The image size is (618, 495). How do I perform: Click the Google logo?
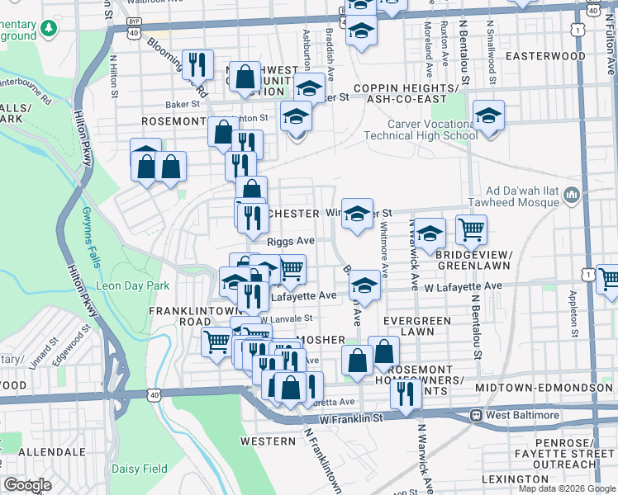27,484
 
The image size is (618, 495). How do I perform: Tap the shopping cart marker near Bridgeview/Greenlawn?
471,229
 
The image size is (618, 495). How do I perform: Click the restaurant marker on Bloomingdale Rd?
197,63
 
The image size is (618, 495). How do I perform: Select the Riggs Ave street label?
291,241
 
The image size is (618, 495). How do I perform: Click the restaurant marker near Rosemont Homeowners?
406,392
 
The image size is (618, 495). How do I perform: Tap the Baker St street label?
183,105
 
